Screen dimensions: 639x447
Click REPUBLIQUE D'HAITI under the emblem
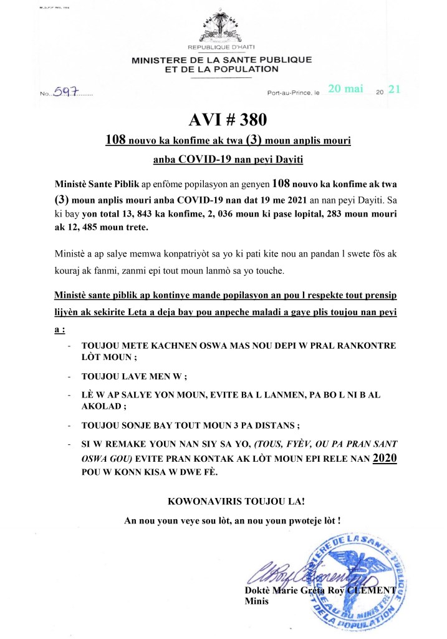coord(221,48)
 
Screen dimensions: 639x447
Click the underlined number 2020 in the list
coord(383,458)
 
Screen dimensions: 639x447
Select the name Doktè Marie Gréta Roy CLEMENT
coord(320,590)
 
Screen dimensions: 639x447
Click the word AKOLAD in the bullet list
coord(102,404)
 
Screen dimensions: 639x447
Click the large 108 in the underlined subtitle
coord(118,142)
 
